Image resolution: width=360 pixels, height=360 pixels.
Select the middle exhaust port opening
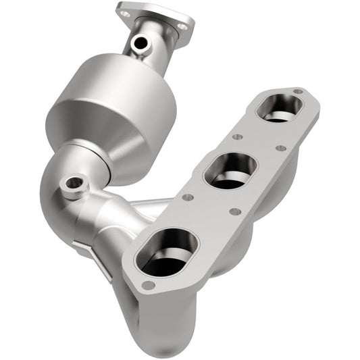(x=231, y=170)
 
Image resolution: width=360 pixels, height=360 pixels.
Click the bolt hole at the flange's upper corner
(x=297, y=91)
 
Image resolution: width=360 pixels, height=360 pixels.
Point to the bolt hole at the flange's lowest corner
(x=148, y=284)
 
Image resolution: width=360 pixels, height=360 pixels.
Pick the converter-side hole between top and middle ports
(x=237, y=136)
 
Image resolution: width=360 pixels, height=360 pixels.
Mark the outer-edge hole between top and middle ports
(x=280, y=148)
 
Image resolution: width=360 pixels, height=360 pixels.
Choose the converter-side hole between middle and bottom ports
(x=188, y=198)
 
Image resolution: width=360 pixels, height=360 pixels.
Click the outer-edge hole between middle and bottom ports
(x=234, y=211)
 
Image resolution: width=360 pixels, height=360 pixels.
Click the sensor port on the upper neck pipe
(x=140, y=44)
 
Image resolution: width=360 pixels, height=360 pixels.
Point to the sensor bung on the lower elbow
(x=72, y=184)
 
